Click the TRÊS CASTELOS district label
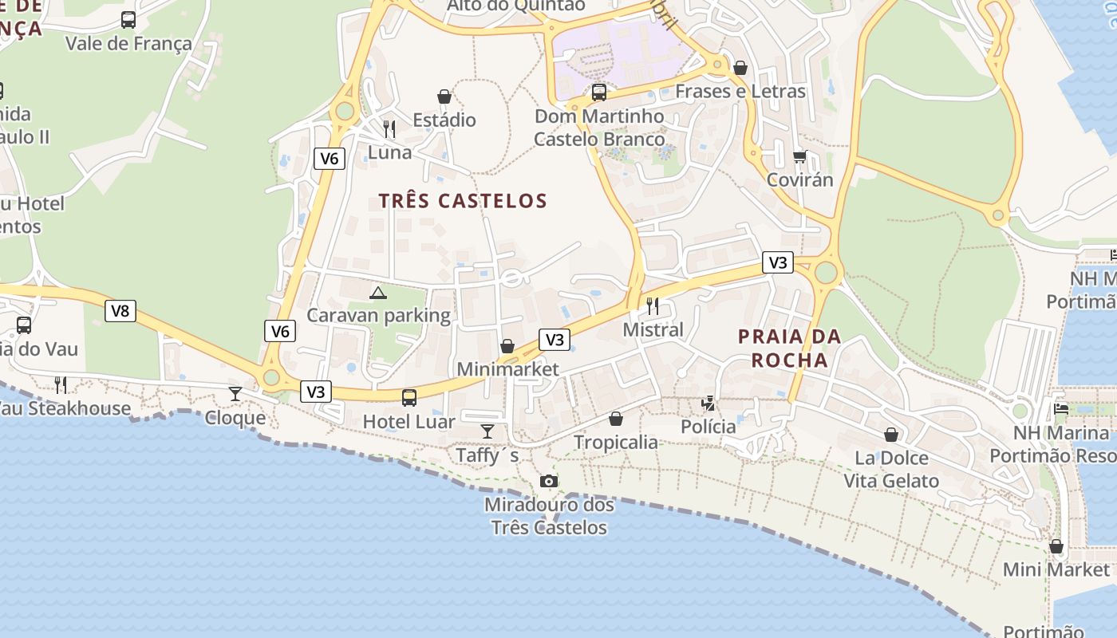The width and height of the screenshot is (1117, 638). click(x=463, y=201)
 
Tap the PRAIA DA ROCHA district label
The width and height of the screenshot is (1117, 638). click(x=790, y=348)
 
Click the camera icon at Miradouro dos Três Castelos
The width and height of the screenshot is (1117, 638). click(x=549, y=481)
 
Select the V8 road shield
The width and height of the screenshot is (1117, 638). click(x=120, y=311)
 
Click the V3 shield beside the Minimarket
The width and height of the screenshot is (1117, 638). click(x=554, y=340)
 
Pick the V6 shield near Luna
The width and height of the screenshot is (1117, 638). click(x=329, y=159)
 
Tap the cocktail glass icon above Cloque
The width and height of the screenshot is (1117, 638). click(x=235, y=393)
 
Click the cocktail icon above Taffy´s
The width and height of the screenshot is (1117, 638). click(x=487, y=431)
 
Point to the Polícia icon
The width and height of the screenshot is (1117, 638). click(x=708, y=404)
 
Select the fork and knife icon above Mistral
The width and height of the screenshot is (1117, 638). click(x=653, y=305)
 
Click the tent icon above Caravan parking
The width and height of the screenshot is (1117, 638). click(x=378, y=293)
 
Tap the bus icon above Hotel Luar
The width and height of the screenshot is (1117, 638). click(x=409, y=397)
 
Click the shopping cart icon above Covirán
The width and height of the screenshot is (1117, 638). click(x=799, y=156)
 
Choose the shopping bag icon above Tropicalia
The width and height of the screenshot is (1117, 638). click(x=616, y=419)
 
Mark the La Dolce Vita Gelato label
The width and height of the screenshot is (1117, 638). click(x=891, y=470)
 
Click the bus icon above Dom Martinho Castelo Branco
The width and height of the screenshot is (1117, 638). click(x=599, y=93)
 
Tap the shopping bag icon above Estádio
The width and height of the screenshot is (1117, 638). click(x=444, y=97)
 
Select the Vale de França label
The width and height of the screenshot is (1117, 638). click(x=128, y=43)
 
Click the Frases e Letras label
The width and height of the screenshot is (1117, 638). click(x=740, y=91)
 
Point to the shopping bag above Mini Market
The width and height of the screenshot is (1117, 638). click(x=1056, y=547)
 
